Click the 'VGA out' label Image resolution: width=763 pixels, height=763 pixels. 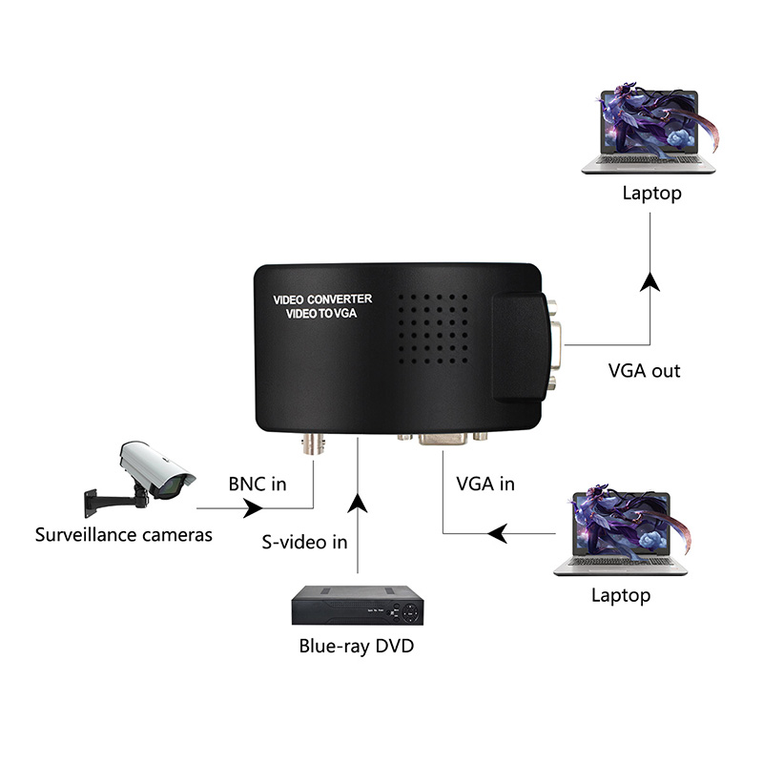645,370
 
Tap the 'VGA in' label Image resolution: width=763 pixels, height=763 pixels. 485,484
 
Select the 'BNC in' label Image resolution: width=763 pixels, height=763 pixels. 258,484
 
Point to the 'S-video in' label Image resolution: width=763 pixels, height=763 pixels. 304,542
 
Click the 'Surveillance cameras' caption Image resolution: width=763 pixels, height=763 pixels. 124,534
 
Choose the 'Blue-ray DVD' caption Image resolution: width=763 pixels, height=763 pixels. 357,647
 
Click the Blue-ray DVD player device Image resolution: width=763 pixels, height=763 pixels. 357,605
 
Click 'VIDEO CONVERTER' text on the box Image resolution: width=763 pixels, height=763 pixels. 322,299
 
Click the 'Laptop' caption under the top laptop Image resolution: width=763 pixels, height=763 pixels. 651,194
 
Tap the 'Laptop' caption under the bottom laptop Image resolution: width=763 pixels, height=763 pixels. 620,596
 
